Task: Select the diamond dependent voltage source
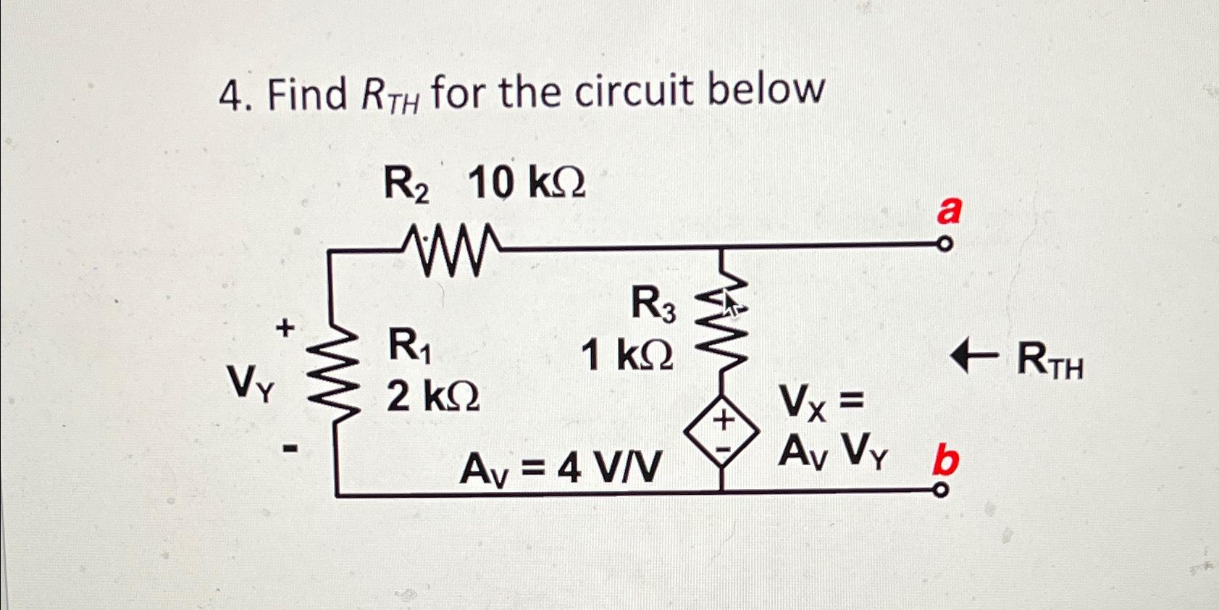[722, 433]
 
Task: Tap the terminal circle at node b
[940, 492]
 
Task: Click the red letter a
[949, 211]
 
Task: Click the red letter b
[946, 461]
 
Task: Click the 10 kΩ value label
[527, 183]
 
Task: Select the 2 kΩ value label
[432, 396]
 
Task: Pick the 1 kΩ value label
[627, 355]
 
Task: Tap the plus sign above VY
[286, 328]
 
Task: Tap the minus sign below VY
[290, 450]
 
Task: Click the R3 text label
[653, 303]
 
